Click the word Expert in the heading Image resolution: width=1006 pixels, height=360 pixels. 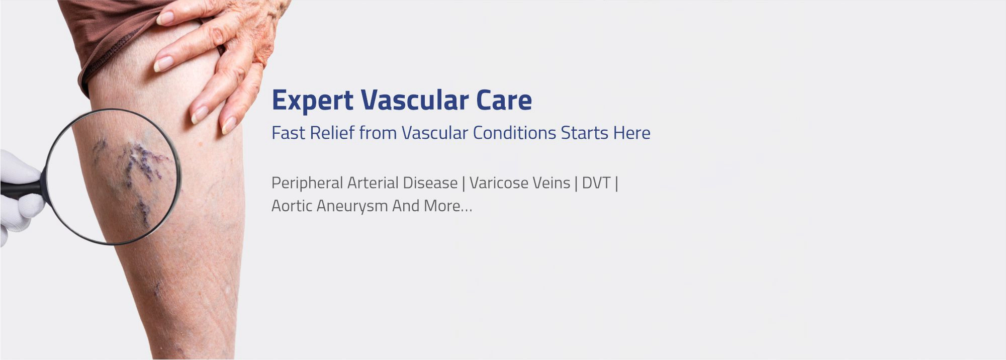[312, 101]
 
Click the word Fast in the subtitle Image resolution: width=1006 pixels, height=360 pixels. [288, 133]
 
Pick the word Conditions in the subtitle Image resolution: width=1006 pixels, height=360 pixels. [514, 133]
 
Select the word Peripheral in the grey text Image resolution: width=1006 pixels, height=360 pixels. [307, 183]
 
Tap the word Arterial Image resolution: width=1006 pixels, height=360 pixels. [373, 183]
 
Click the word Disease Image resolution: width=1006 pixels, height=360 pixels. [430, 183]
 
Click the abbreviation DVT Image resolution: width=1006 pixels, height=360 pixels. [596, 183]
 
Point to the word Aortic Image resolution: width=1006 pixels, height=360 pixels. [291, 206]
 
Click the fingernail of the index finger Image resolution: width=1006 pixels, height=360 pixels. [163, 64]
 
